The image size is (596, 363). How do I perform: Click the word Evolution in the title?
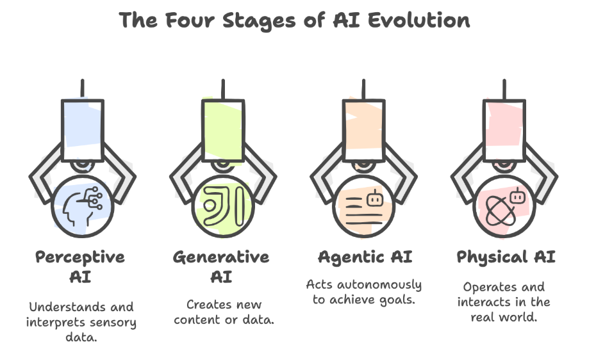coord(418,20)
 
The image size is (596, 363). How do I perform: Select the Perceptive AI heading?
coord(80,267)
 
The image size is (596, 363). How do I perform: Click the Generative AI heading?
coord(221,267)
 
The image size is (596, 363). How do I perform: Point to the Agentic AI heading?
coord(365,257)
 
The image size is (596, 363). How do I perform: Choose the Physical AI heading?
coord(506,257)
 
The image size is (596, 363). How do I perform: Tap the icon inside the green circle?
coord(223,206)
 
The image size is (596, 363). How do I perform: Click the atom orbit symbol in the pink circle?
coord(501,211)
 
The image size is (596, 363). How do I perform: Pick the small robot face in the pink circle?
coord(517,196)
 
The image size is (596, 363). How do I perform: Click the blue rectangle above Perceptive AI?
coord(83,131)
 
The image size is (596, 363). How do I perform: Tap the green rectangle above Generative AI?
coord(223,131)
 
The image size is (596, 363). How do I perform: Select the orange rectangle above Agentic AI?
coord(364,131)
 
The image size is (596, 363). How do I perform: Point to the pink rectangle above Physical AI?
coord(504,131)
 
